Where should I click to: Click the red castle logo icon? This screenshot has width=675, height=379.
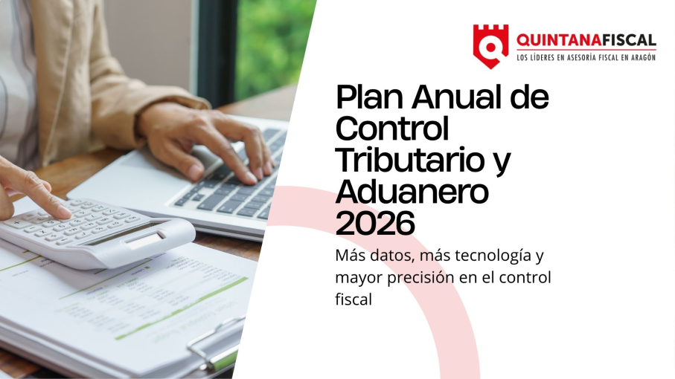click(490, 45)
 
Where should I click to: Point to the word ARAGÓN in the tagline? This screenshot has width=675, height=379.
click(641, 57)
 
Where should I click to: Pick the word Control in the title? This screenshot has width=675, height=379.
click(392, 129)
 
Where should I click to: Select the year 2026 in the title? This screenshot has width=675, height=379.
click(374, 222)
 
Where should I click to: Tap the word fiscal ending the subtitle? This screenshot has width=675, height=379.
click(353, 300)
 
